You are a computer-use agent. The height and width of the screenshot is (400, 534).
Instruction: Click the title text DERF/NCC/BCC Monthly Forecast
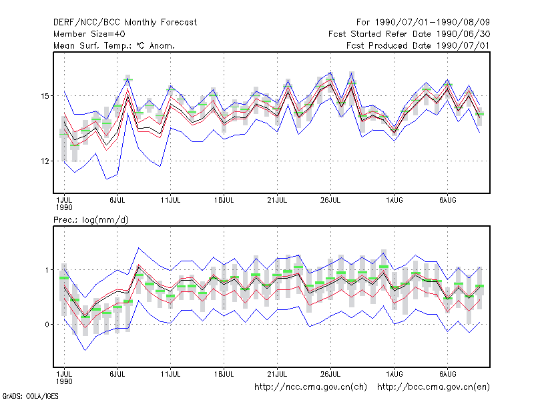(x=125, y=23)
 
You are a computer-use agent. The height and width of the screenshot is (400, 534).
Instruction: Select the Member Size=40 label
(x=89, y=34)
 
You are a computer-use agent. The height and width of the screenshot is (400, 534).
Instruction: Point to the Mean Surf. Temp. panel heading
(x=114, y=45)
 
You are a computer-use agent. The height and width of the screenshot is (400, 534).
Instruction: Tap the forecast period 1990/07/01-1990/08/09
(x=423, y=23)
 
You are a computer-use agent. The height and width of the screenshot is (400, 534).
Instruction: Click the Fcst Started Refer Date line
(x=409, y=34)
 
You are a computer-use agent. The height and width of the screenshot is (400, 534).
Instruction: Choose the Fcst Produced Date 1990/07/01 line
(x=419, y=45)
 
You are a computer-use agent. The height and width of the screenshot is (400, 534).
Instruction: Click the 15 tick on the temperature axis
(x=45, y=96)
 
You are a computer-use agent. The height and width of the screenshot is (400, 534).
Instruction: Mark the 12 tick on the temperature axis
(x=45, y=161)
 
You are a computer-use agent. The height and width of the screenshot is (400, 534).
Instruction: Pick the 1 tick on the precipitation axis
(x=47, y=270)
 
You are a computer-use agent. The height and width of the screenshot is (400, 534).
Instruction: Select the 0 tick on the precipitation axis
(x=47, y=325)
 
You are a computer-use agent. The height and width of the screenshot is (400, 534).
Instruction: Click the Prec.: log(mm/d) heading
(x=91, y=220)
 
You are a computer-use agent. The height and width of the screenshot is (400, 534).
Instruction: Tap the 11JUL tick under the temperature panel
(x=171, y=201)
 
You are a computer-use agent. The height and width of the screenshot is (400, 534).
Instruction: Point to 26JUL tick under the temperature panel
(x=330, y=201)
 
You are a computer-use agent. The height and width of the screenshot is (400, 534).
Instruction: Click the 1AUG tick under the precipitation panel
(x=394, y=374)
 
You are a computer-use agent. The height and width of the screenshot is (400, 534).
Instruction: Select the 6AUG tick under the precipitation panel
(x=448, y=374)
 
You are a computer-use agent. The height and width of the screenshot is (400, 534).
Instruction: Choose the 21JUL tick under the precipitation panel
(x=277, y=374)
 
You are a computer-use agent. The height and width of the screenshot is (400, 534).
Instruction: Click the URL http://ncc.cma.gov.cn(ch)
(x=310, y=387)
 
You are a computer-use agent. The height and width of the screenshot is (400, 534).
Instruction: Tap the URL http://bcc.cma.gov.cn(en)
(x=433, y=387)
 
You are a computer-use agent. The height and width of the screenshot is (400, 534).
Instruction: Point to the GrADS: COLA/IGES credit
(x=30, y=396)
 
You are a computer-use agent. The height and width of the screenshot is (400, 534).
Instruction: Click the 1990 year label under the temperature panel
(x=64, y=207)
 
